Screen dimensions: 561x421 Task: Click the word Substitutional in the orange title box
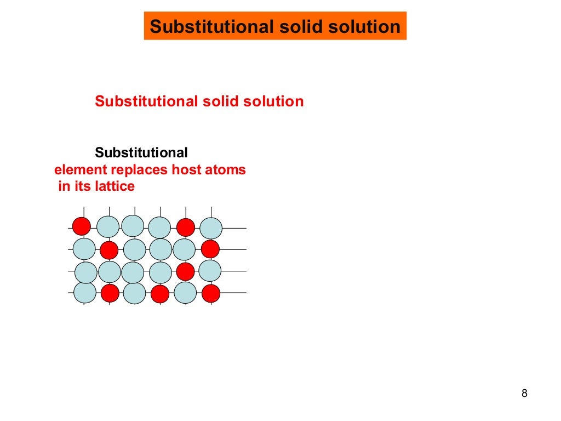199,26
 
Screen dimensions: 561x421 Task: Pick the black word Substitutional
141,152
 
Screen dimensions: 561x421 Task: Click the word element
77,170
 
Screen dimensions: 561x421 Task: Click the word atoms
225,170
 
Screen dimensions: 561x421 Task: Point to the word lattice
114,186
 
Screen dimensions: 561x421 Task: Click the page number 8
524,393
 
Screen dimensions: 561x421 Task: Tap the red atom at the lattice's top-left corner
82,225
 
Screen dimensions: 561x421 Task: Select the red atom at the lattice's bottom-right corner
211,293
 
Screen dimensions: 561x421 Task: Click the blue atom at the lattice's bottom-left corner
85,292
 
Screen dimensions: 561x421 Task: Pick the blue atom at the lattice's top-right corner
211,228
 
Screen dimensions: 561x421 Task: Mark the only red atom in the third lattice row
186,271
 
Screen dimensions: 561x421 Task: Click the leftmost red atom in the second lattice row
109,250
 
